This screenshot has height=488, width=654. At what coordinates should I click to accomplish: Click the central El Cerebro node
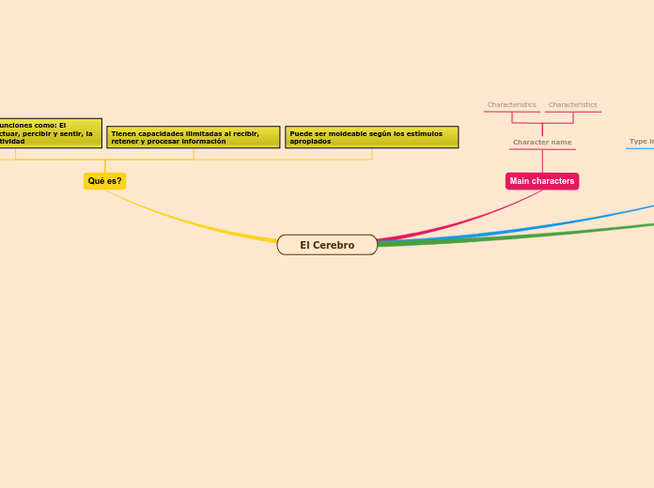click(327, 245)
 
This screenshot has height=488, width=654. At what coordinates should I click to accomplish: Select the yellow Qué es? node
click(104, 181)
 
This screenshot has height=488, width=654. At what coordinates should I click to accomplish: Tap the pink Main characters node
click(542, 181)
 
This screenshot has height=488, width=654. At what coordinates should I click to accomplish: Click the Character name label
click(542, 143)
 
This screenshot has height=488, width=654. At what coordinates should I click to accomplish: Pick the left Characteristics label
click(512, 105)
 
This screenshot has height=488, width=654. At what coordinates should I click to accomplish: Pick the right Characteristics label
click(572, 105)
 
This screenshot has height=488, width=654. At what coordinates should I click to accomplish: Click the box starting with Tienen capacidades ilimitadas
click(193, 137)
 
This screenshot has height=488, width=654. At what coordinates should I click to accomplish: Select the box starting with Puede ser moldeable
click(371, 137)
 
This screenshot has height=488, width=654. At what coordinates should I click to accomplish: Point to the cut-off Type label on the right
click(641, 142)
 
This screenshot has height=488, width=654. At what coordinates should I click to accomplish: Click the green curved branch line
click(526, 235)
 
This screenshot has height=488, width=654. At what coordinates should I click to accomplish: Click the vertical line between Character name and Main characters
click(542, 160)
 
